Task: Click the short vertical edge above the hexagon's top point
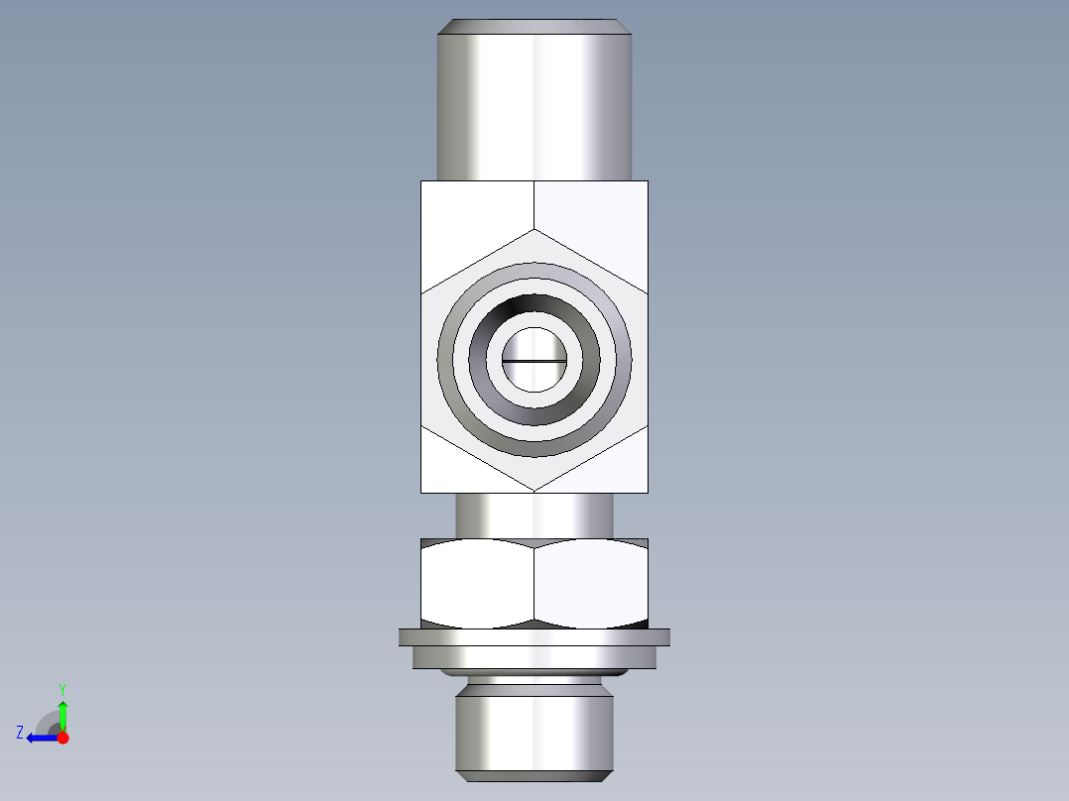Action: pyautogui.click(x=534, y=204)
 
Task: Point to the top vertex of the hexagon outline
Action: pyautogui.click(x=534, y=229)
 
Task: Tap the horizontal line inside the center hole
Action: pyautogui.click(x=534, y=361)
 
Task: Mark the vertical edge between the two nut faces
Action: pyautogui.click(x=534, y=585)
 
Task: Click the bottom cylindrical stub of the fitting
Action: pyautogui.click(x=534, y=734)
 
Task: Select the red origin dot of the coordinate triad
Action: pyautogui.click(x=62, y=738)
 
